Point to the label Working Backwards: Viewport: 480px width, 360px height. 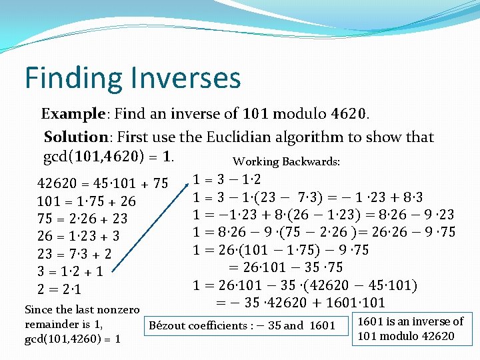pyautogui.click(x=286, y=162)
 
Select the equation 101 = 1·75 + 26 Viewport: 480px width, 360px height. pyautogui.click(x=86, y=201)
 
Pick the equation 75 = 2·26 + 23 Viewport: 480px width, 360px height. pyautogui.click(x=82, y=218)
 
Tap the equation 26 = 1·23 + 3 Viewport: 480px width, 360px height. pyautogui.click(x=78, y=236)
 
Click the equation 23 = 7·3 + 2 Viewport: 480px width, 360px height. pyautogui.click(x=74, y=254)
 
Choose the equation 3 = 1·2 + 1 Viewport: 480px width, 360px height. pyautogui.click(x=70, y=271)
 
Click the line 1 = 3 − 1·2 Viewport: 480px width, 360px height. pyautogui.click(x=227, y=179)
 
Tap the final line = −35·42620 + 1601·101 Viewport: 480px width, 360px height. pyautogui.click(x=300, y=303)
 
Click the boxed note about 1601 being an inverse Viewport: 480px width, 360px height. pyautogui.click(x=410, y=328)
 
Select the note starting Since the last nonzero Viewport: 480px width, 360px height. pyautogui.click(x=81, y=324)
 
